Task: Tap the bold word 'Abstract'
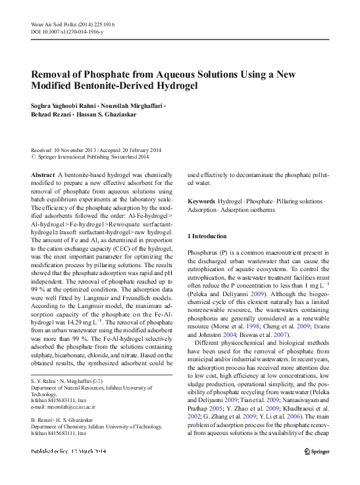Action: coord(43,174)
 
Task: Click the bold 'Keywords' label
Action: coord(201,200)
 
